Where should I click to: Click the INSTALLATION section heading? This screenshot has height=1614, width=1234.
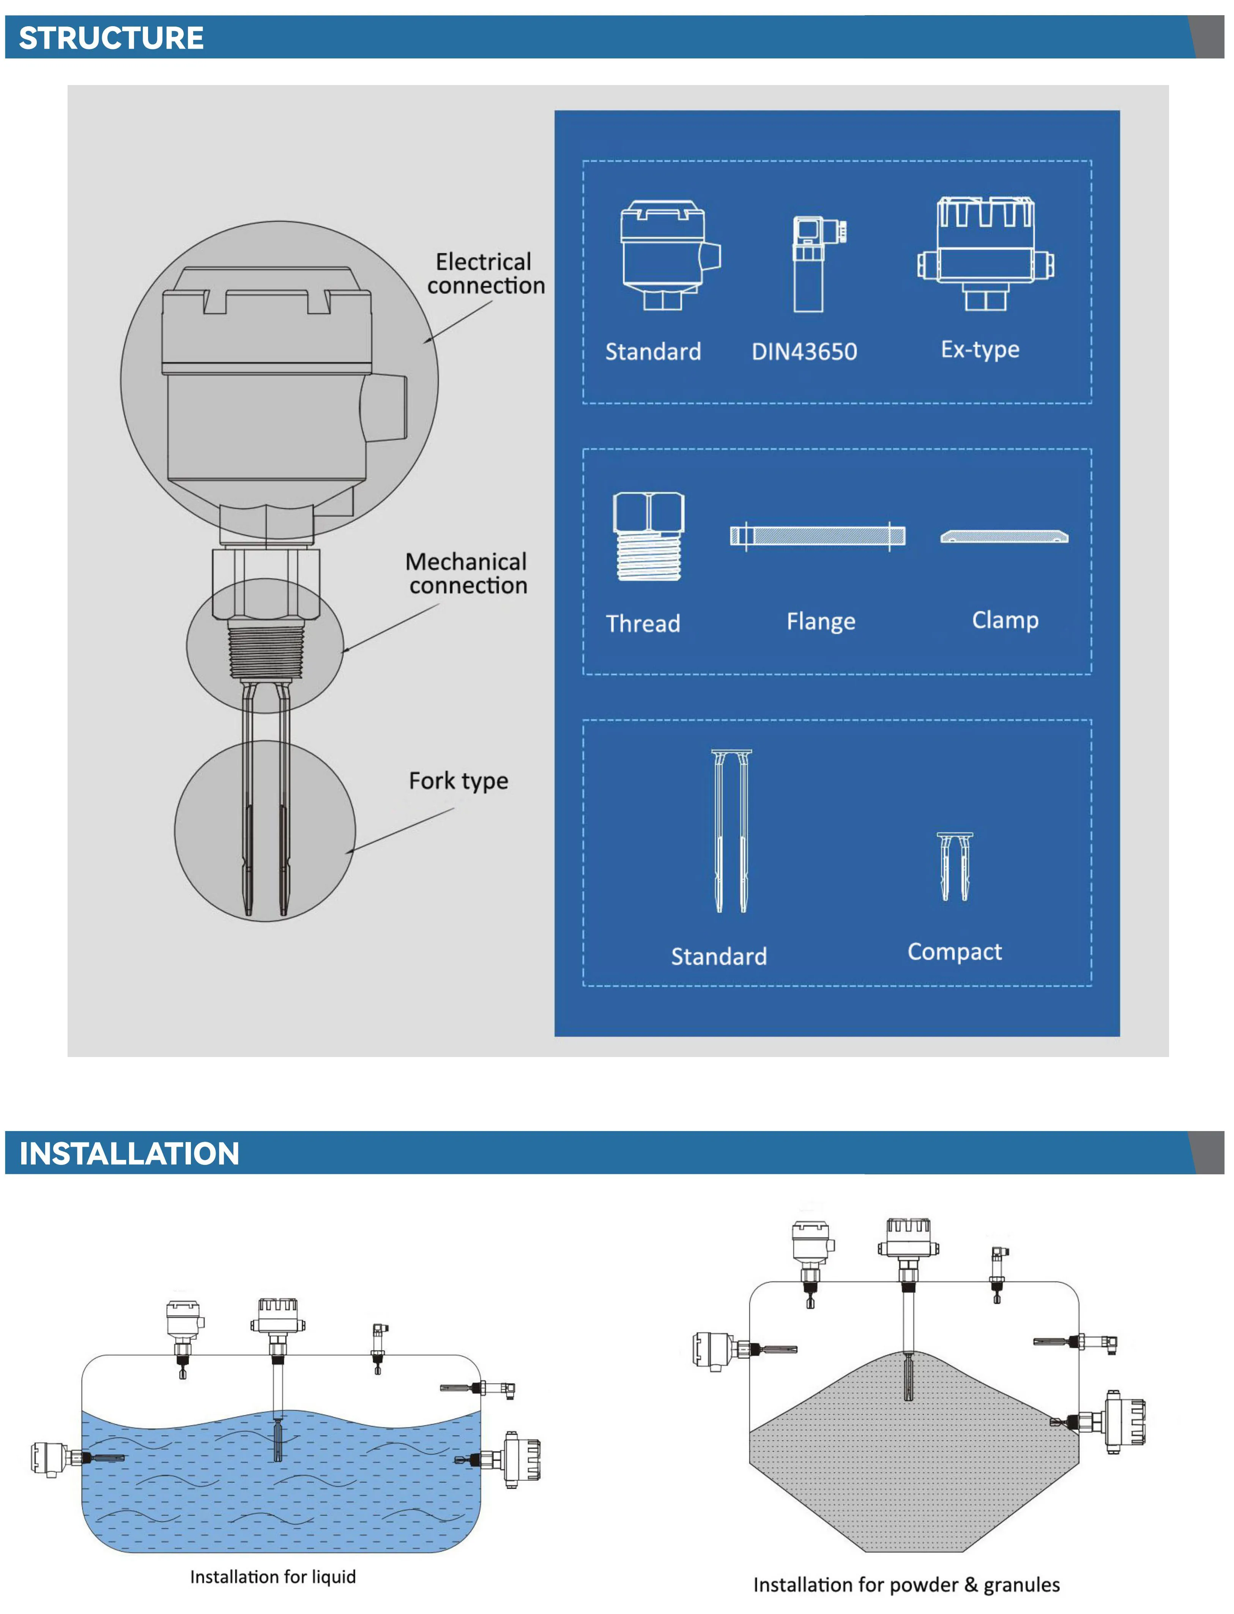point(129,1153)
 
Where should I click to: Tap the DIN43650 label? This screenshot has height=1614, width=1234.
point(804,351)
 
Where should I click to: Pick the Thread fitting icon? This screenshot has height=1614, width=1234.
point(649,536)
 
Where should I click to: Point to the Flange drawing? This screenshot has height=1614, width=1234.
point(818,536)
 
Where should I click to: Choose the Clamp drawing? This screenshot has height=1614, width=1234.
point(1004,537)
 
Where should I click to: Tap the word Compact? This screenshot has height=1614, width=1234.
point(954,951)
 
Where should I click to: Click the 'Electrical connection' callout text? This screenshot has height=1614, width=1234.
point(485,273)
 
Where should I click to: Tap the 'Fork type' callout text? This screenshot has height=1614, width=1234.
point(459,780)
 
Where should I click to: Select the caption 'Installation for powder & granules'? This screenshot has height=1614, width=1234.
point(906,1585)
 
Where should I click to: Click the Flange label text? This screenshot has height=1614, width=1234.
point(821,622)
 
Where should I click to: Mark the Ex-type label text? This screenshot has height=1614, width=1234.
point(980,349)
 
